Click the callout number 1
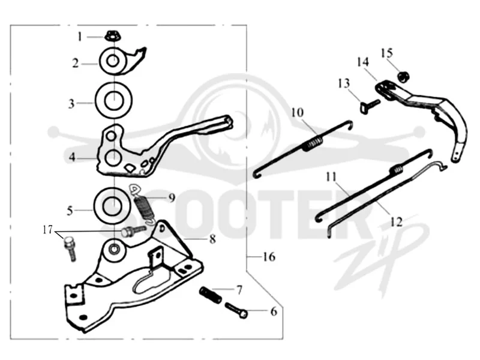point(80,37)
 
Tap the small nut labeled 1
point(113,37)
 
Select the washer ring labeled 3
point(113,100)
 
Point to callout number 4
point(72,157)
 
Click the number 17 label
point(47,230)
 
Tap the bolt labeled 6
point(236,310)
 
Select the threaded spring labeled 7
point(211,295)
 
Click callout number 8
point(212,239)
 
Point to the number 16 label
point(269,257)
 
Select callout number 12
point(397,221)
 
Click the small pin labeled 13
point(369,106)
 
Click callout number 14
point(363,62)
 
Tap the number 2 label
point(76,64)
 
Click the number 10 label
point(297,112)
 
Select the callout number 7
point(239,289)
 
